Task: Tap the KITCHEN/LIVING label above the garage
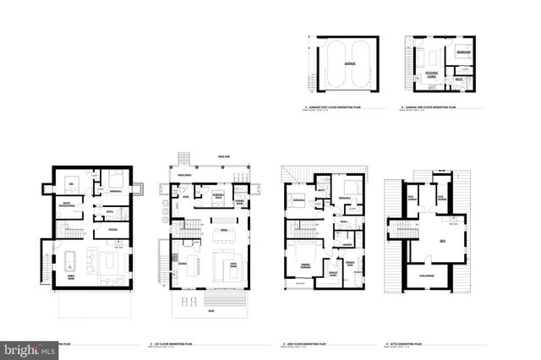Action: [430, 74]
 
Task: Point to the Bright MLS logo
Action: [30, 347]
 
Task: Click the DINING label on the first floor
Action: [183, 262]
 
